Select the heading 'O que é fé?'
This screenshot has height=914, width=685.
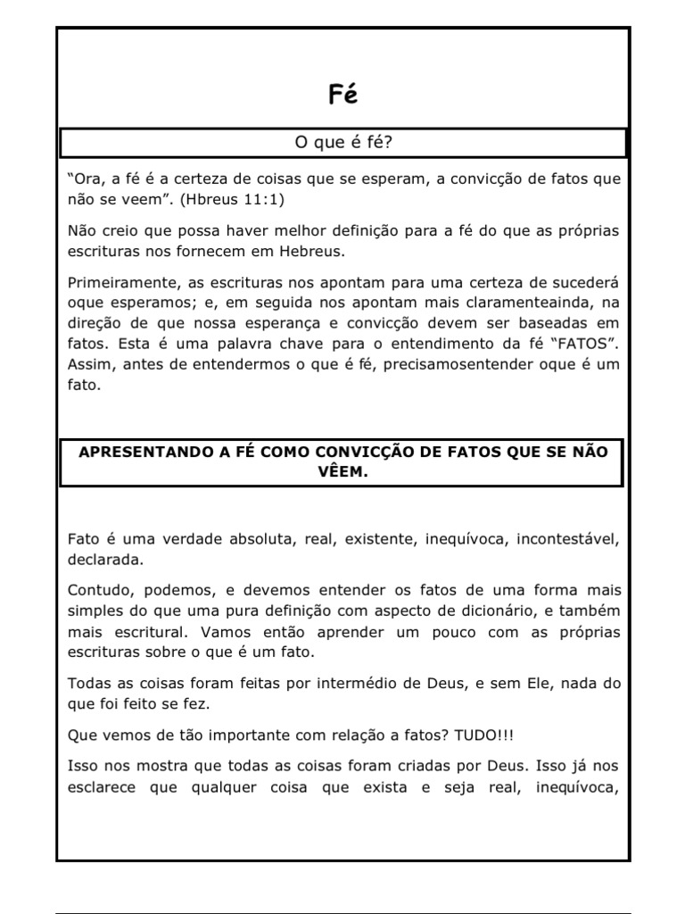342,143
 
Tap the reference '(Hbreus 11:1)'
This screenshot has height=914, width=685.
232,198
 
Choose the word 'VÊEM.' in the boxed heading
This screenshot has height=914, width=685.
342,473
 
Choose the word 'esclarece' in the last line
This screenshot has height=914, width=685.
102,786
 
